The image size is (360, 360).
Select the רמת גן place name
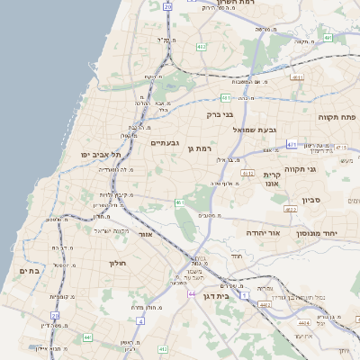[199, 148]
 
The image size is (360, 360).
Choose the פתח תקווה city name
[337, 117]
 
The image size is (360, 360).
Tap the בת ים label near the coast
[30, 270]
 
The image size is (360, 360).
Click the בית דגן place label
[237, 293]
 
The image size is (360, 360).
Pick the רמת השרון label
[238, 4]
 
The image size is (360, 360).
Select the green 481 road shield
[225, 97]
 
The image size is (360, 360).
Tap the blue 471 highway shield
[292, 144]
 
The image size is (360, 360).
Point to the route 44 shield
[192, 293]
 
